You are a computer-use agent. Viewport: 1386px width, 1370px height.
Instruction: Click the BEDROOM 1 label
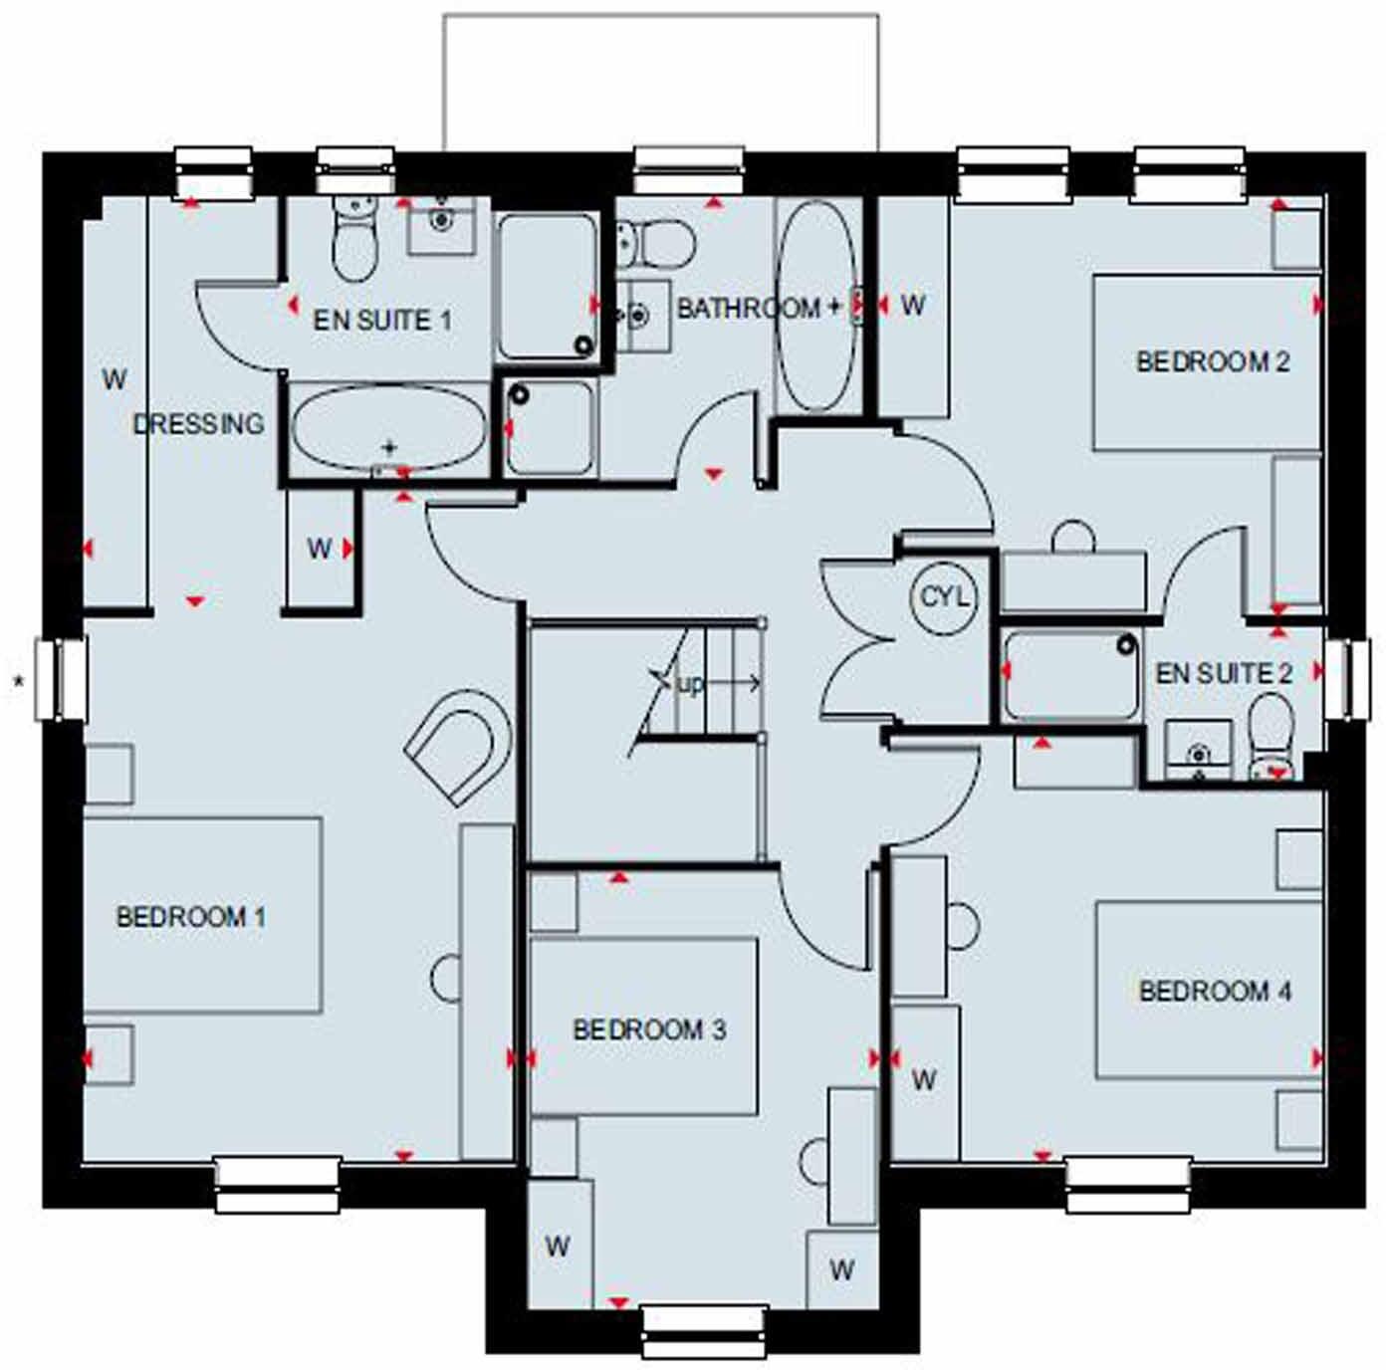(x=191, y=917)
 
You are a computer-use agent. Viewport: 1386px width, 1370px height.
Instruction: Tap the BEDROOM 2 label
(x=1213, y=361)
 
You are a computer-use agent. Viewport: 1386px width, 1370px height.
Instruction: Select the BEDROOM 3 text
(x=649, y=1029)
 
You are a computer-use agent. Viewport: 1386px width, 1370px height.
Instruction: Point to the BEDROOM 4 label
(x=1215, y=992)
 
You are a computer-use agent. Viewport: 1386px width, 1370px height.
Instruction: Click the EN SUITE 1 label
(x=382, y=321)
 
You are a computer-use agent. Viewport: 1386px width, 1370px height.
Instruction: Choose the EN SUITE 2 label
(x=1224, y=674)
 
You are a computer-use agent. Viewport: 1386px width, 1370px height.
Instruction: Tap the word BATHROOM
(x=749, y=309)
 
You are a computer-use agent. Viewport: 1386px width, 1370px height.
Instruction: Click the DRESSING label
(x=199, y=424)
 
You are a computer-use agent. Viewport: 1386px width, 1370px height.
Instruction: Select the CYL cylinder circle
(x=944, y=597)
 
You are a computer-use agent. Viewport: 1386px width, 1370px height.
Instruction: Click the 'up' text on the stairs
(x=690, y=684)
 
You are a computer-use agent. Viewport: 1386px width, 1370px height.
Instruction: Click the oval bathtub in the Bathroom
(x=815, y=307)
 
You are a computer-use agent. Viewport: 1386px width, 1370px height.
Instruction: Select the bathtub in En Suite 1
(x=388, y=428)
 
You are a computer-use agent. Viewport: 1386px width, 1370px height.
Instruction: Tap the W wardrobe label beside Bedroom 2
(x=912, y=305)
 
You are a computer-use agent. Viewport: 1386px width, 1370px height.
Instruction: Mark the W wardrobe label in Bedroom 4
(x=924, y=1079)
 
